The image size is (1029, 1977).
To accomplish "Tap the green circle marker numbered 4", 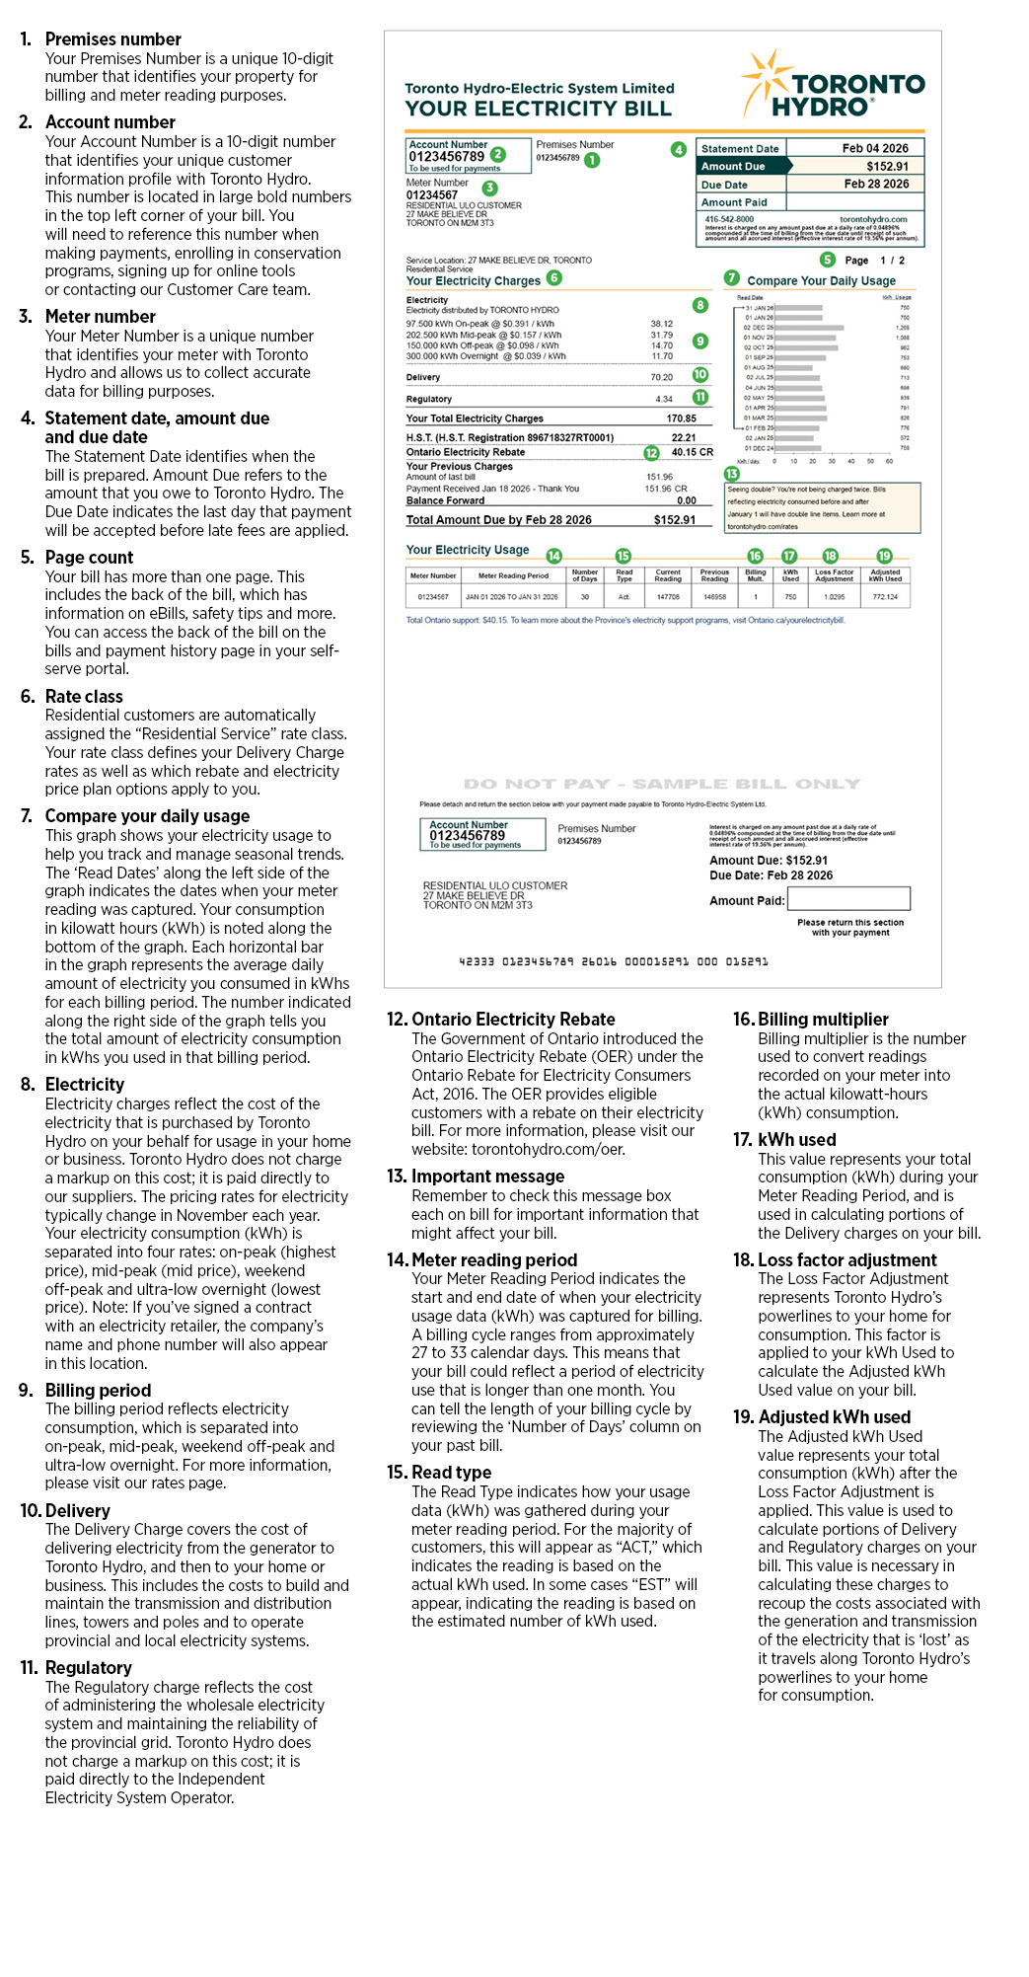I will point(678,149).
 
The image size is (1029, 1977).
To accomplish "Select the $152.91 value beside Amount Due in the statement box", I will point(887,167).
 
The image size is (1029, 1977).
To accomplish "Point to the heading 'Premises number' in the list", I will point(112,39).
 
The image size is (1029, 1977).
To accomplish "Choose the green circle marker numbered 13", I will point(731,474).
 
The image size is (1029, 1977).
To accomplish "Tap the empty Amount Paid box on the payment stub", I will point(848,898).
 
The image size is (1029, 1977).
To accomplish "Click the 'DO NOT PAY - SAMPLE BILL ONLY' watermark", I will point(662,784).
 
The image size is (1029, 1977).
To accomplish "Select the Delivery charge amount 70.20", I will point(661,377).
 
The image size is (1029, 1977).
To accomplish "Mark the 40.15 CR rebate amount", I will point(692,452).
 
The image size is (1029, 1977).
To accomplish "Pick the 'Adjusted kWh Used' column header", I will point(885,575).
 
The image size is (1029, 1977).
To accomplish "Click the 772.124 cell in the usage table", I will point(885,597).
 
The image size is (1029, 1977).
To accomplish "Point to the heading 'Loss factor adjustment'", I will point(846,1260).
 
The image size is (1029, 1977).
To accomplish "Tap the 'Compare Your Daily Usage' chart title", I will point(821,281).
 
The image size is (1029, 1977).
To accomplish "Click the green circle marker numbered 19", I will point(884,556).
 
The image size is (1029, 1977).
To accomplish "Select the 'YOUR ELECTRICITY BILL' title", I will point(538,109).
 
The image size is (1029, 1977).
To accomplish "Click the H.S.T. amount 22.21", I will point(683,437).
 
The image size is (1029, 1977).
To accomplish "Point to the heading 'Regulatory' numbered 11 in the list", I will point(88,1668).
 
